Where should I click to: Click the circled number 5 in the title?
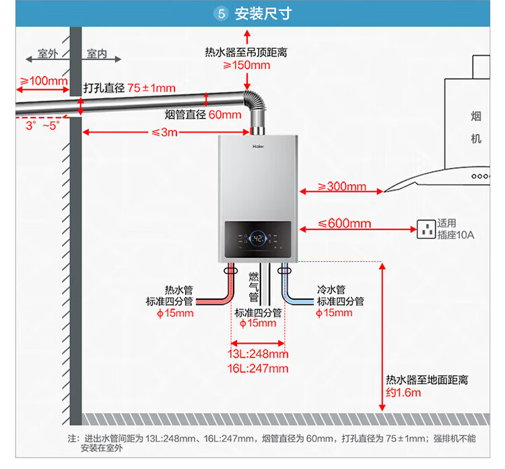220,13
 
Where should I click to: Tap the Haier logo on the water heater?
258,145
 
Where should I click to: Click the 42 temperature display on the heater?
257,238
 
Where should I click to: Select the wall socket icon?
426,229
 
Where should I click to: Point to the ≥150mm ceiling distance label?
246,65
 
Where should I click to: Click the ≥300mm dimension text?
341,186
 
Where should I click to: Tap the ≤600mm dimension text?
344,223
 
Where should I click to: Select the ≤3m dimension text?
164,133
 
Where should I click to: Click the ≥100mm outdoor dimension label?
44,81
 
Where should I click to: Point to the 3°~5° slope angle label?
42,125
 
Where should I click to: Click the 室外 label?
48,54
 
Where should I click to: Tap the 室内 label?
97,54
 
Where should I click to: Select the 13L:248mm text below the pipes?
258,354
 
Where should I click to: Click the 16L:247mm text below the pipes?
258,368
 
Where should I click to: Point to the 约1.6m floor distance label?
403,393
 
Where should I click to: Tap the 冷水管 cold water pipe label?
331,289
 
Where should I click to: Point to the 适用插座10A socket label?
456,229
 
